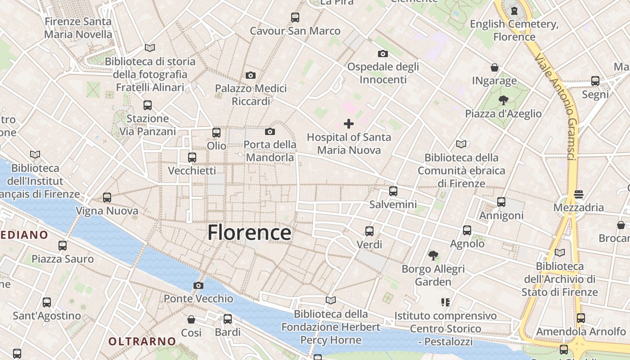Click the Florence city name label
click(249, 233)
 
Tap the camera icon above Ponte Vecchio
click(198, 285)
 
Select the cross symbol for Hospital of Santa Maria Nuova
click(348, 124)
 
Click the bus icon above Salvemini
click(393, 191)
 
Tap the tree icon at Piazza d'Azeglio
click(503, 100)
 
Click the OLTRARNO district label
click(142, 341)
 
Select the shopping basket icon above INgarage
click(495, 68)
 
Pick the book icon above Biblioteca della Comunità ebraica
click(461, 144)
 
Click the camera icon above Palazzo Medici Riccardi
click(251, 75)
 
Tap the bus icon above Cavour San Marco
click(295, 18)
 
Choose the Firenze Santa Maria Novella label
click(78, 28)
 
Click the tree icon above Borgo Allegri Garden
click(433, 256)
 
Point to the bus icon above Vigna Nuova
click(107, 198)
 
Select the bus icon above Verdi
click(369, 231)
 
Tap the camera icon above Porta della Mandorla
click(270, 132)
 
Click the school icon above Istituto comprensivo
click(445, 302)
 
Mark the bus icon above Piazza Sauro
click(63, 246)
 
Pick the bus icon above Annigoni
click(501, 202)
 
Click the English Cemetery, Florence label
click(514, 30)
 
